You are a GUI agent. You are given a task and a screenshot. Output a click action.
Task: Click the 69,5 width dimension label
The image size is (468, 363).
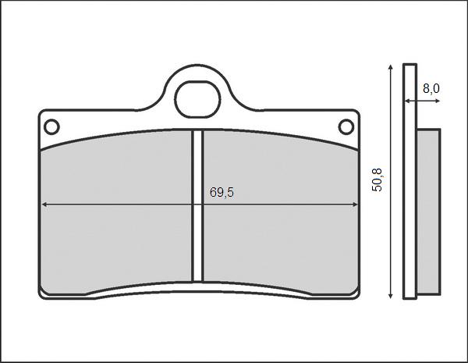222,193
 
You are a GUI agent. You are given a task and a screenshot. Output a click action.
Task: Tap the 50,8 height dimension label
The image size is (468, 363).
378,180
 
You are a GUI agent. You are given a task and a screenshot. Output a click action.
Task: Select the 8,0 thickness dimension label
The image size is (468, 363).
431,89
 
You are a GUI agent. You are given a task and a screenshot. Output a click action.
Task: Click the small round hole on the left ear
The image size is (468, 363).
51,126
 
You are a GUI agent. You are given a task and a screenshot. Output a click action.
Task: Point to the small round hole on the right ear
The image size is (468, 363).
345,126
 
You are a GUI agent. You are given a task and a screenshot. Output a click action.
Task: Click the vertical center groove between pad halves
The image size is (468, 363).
198,205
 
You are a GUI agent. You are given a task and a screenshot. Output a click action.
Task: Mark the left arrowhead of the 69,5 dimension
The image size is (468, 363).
44,205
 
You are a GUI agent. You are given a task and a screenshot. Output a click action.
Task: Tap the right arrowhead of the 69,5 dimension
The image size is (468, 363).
355,205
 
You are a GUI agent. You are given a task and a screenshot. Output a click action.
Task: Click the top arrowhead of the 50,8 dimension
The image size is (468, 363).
389,68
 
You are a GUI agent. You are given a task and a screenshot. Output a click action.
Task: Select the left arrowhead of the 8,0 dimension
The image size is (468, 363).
406,101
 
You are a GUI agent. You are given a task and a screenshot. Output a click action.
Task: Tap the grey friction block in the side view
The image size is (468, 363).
427,211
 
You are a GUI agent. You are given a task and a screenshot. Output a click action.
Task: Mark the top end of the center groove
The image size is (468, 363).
198,131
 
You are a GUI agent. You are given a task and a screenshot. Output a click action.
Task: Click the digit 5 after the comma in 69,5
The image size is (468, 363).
230,193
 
